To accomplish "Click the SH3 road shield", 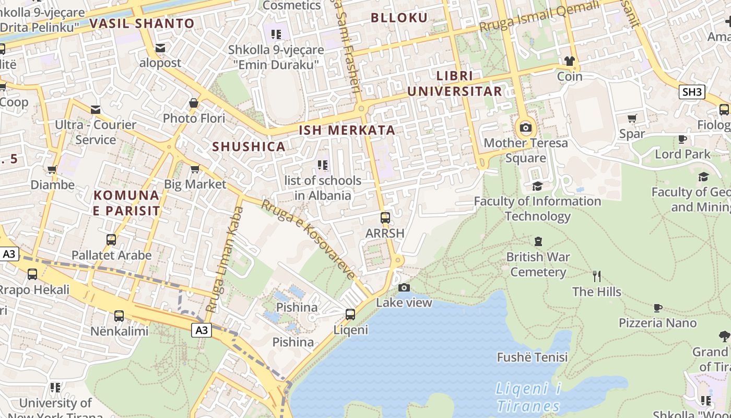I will point(692,92).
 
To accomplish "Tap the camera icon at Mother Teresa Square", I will point(526,128).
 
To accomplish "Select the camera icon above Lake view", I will point(404,287).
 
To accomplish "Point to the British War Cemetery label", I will point(538,264).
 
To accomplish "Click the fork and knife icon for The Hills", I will point(597,276).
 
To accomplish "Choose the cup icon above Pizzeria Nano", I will point(657,308).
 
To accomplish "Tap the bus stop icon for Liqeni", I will point(350,315).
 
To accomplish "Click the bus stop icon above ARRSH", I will point(385,218).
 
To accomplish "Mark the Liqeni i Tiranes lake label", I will point(528,397).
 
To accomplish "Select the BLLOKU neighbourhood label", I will point(399,18).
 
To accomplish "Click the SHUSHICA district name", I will point(249,147).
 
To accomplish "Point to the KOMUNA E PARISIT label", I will point(126,203).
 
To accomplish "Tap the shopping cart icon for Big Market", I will point(195,169).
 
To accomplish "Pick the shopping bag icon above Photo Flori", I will point(194,103).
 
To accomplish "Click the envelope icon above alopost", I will point(160,48).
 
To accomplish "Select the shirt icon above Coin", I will point(569,61).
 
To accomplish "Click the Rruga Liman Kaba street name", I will point(225,260).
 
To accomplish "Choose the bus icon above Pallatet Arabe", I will point(111,240).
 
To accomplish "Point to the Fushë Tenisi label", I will point(532,357).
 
